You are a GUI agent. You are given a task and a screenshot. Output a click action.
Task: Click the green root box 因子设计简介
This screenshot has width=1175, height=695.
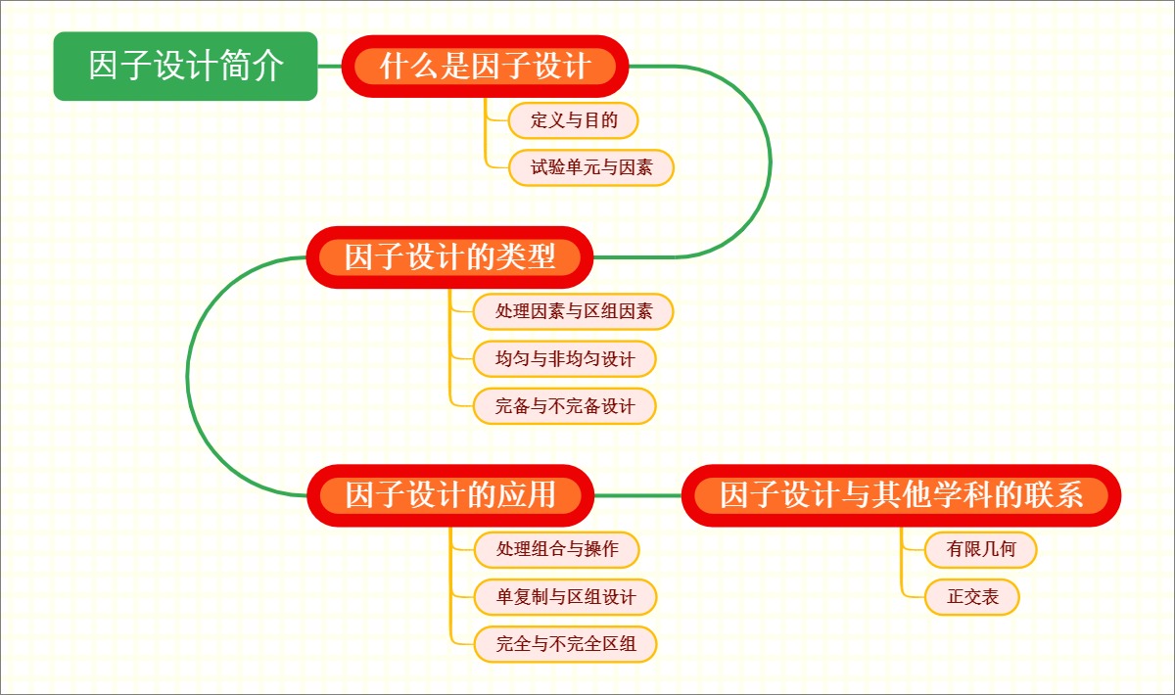coord(185,67)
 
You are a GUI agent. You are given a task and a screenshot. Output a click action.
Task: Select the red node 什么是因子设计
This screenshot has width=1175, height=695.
coord(485,67)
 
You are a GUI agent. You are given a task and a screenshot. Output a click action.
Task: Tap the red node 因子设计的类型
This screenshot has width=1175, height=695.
coord(450,257)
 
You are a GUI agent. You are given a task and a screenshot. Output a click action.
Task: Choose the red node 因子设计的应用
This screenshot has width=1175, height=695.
coord(450,495)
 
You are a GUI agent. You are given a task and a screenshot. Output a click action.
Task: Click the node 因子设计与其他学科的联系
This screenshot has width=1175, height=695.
coord(901,495)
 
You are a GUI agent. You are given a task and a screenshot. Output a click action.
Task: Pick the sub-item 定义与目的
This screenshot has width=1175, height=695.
coord(573,120)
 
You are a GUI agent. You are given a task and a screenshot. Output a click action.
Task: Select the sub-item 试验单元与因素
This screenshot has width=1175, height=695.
coord(591,167)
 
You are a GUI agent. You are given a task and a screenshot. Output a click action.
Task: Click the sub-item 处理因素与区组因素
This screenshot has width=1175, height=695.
coord(573,312)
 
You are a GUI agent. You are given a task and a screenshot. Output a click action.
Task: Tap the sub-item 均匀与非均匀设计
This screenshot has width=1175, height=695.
coord(564,358)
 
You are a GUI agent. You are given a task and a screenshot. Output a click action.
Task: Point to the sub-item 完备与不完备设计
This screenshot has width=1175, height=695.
coord(564,405)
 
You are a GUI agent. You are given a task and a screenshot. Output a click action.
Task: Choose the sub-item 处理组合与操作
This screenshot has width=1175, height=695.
coord(556,549)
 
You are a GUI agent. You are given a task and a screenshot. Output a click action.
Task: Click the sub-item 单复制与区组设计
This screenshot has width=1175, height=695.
coord(564,596)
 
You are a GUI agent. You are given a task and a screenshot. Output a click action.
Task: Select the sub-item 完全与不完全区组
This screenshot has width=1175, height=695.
coord(564,643)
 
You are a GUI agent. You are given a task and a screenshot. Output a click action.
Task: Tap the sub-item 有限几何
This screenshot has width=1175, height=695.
coord(980,549)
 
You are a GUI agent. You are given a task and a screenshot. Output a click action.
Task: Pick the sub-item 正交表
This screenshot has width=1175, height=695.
coord(971,596)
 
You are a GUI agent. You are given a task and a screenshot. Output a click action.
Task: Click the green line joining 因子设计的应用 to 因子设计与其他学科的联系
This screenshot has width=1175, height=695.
coord(637,495)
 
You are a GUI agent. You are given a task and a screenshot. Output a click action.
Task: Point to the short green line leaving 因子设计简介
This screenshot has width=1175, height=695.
coord(330,67)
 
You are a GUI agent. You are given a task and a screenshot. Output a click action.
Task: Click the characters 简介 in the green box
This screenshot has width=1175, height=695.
coord(258,67)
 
